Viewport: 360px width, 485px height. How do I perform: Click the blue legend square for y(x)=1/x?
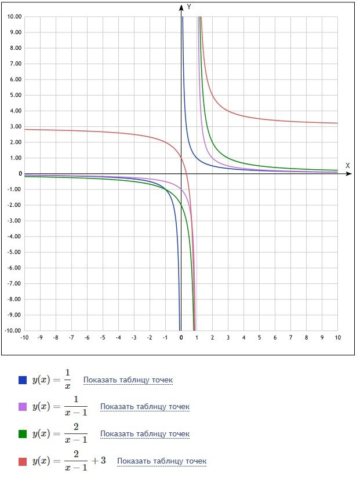[x=23, y=380]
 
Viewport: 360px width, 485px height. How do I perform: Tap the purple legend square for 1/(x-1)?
[x=23, y=407]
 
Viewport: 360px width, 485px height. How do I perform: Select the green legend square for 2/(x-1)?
[x=23, y=434]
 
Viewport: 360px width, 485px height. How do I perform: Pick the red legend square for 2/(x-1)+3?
[x=23, y=461]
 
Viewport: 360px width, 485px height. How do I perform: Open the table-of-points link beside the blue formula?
[x=128, y=380]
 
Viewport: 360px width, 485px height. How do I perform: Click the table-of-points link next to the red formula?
[x=162, y=461]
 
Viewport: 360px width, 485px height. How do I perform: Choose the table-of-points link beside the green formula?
[x=145, y=434]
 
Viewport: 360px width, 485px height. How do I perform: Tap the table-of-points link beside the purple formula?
[x=145, y=407]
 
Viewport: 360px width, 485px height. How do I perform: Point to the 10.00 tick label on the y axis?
[x=14, y=17]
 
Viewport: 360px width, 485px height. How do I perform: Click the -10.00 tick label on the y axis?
[x=13, y=330]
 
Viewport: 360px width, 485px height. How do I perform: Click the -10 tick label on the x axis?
[x=24, y=337]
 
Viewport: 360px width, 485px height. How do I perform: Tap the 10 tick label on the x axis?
[x=337, y=337]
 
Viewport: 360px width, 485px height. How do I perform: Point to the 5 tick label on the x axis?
[x=259, y=337]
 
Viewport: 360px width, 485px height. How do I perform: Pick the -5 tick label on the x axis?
[x=102, y=337]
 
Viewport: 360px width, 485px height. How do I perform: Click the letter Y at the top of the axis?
[x=189, y=7]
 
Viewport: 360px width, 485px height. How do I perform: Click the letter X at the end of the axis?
[x=348, y=166]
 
